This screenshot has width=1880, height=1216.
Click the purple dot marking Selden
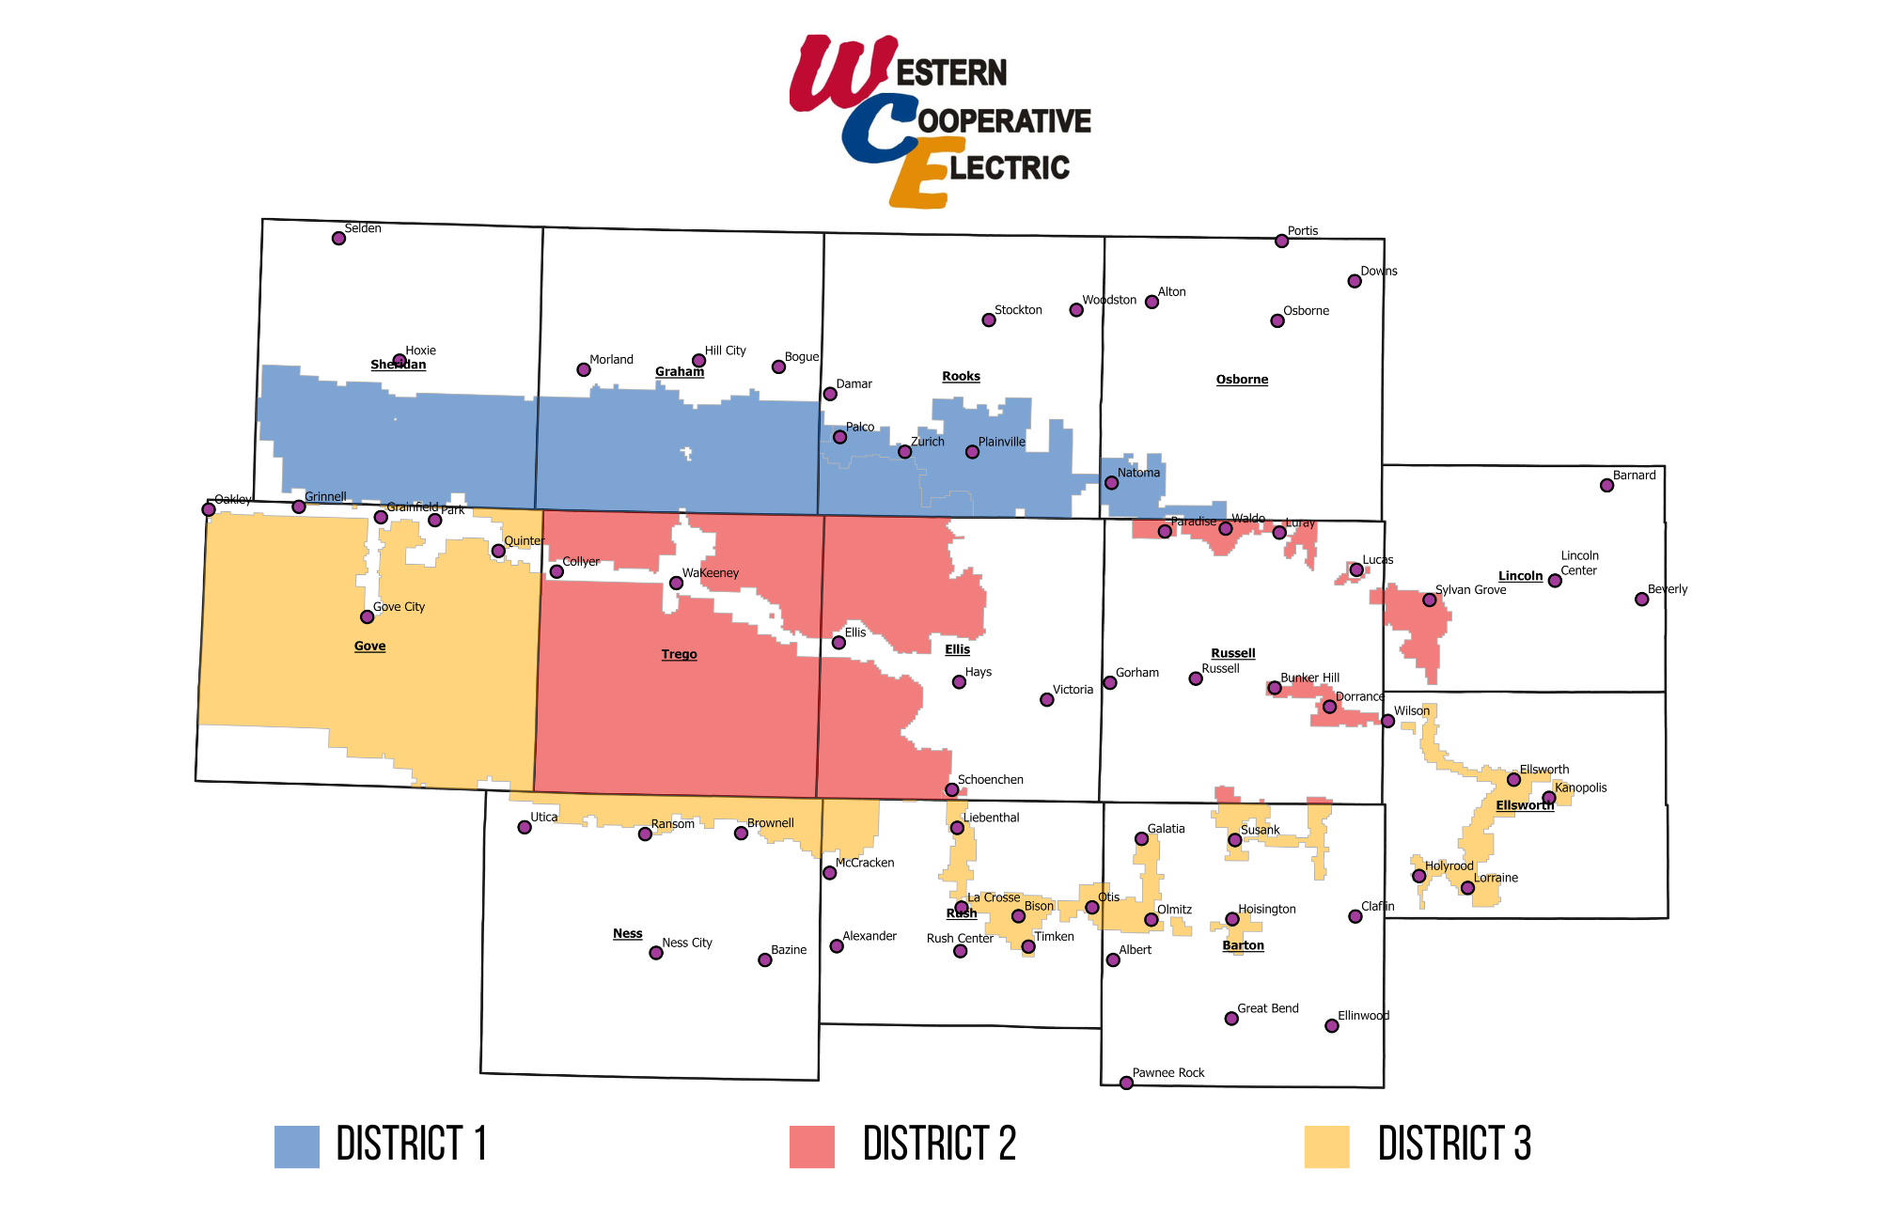pos(338,238)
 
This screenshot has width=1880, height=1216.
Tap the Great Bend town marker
pos(1231,1019)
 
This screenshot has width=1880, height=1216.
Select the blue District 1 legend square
pos(297,1146)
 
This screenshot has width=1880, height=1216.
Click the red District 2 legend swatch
pos(812,1146)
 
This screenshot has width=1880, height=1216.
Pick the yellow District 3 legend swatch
pos(1327,1146)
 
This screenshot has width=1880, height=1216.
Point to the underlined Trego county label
pos(679,654)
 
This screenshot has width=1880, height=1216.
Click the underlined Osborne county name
pos(1242,380)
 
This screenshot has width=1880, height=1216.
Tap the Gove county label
pos(369,646)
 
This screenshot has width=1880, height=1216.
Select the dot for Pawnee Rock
pos(1126,1083)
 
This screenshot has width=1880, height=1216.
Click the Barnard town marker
pos(1606,486)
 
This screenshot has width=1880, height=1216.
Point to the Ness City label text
pos(686,943)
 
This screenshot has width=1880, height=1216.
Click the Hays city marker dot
pos(959,682)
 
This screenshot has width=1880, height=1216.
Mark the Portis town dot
pos(1281,242)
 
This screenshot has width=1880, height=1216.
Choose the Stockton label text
pos(1018,310)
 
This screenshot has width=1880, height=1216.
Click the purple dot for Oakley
pos(209,509)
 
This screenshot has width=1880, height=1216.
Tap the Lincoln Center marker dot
pos(1555,581)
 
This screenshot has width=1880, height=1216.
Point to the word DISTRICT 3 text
pos(1454,1145)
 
